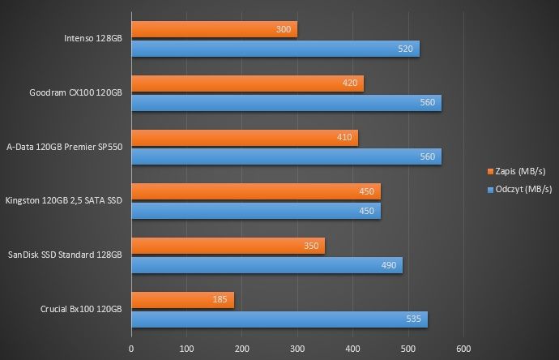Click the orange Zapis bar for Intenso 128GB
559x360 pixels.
(214, 29)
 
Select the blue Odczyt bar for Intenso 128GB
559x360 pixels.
(275, 49)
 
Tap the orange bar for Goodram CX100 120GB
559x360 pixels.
(248, 84)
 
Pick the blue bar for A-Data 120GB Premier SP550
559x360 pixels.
(287, 156)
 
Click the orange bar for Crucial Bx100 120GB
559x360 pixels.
(183, 300)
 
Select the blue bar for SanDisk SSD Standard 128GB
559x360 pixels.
(267, 265)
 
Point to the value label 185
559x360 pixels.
(220, 299)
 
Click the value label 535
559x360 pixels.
(413, 319)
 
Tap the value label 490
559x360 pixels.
(389, 265)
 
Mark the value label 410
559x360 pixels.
(344, 137)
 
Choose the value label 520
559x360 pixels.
(405, 49)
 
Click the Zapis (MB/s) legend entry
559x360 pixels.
(517, 172)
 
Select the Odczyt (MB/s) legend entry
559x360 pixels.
(520, 190)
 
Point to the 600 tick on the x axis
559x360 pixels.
(463, 349)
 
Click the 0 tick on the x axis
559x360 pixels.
(131, 349)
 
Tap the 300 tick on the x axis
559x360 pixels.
(297, 349)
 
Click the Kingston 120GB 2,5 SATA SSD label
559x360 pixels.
(64, 200)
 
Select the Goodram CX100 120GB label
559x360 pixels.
(75, 92)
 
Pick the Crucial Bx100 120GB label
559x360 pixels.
(81, 309)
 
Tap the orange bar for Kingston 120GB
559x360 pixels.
(256, 191)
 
